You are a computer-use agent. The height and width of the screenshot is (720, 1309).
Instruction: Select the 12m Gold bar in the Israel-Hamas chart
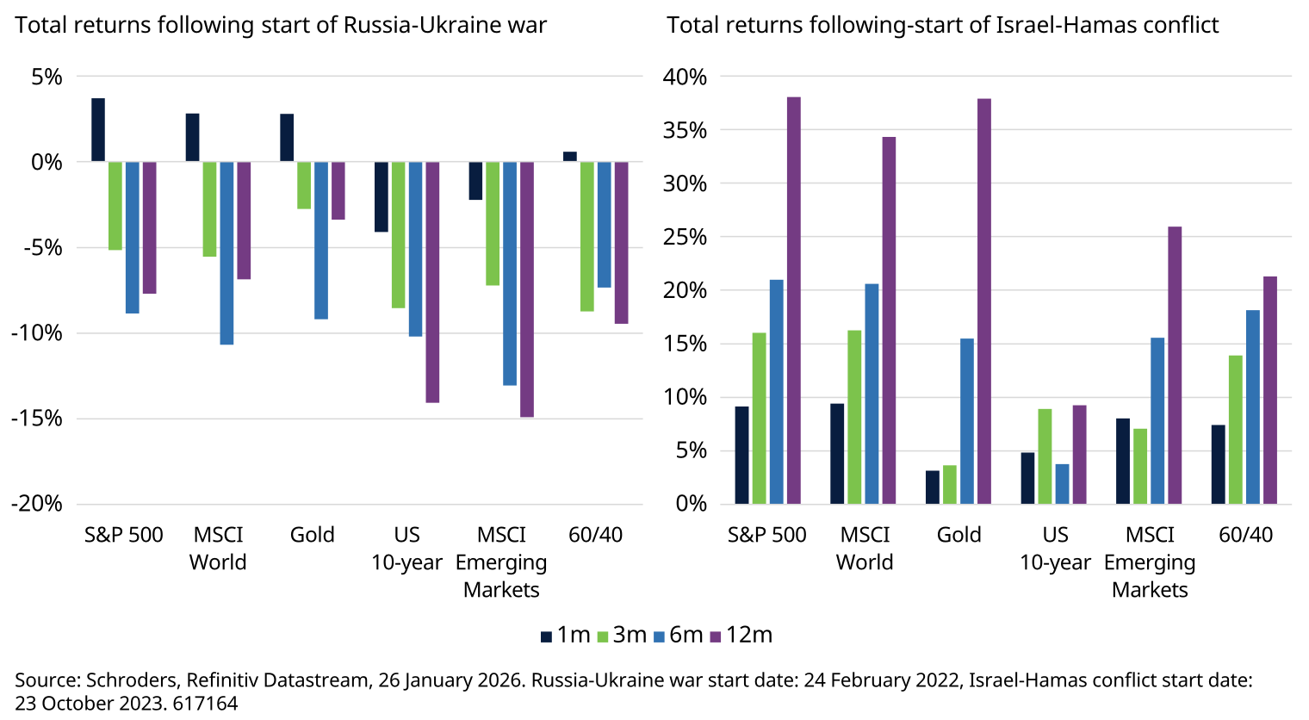coord(984,301)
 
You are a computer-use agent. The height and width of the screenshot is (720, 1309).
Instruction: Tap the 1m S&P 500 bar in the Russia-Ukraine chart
coord(98,130)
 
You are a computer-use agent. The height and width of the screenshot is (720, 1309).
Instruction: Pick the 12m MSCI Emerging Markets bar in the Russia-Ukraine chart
coord(526,289)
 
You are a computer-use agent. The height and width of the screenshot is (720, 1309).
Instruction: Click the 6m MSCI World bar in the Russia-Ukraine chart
coord(226,253)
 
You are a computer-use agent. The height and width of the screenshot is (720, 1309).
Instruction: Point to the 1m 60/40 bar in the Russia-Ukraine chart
coord(570,157)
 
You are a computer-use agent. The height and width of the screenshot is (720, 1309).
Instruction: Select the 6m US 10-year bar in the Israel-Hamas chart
coord(1062,484)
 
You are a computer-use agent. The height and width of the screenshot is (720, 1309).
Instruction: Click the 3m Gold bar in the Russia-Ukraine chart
coord(304,185)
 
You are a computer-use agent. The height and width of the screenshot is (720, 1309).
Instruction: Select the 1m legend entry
coord(565,635)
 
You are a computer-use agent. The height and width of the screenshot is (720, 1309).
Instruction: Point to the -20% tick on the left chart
coord(37,504)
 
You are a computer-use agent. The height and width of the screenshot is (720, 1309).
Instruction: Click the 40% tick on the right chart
coord(685,77)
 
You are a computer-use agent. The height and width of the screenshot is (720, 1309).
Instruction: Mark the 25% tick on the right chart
coord(685,237)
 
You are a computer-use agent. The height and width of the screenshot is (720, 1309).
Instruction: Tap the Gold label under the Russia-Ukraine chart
coord(312,535)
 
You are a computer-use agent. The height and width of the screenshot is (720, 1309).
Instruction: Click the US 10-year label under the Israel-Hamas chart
coord(1055,549)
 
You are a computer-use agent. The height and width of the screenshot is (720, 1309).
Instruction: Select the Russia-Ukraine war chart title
coord(281,25)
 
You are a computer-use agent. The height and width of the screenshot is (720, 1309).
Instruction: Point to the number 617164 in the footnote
coord(205,703)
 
